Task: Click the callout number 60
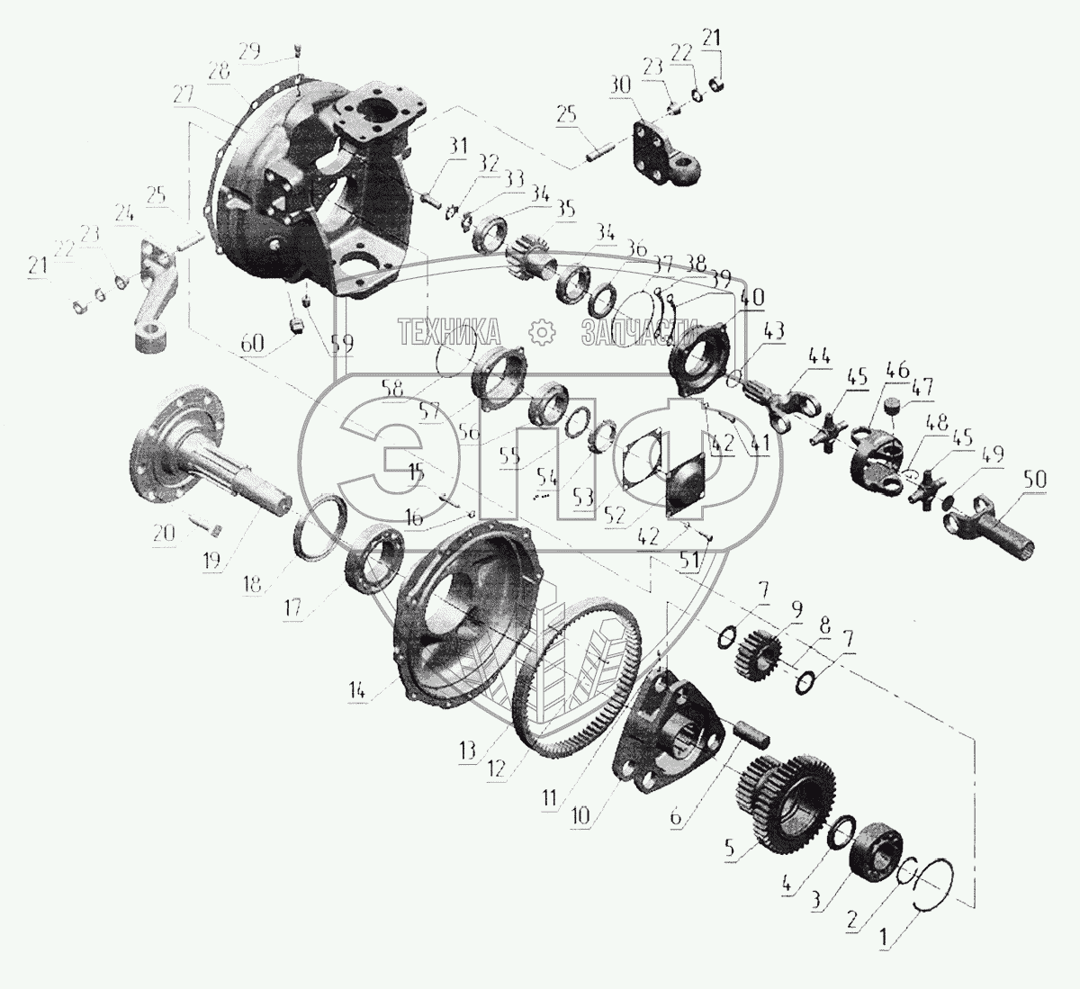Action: (x=254, y=343)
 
